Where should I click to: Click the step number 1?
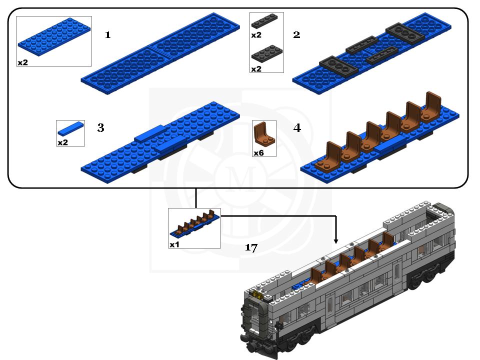(x=107, y=35)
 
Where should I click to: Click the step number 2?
(x=296, y=35)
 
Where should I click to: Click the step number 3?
(x=100, y=128)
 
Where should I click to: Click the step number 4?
(x=297, y=128)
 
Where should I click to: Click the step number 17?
(x=251, y=248)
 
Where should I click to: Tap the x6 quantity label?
(x=258, y=153)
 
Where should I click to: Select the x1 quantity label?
(x=174, y=244)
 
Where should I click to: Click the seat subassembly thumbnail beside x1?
(x=195, y=225)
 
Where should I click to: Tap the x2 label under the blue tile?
(x=62, y=142)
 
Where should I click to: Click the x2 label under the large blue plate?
(x=22, y=62)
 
